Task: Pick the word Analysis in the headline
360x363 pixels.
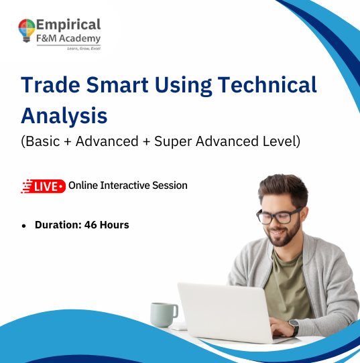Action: pos(64,115)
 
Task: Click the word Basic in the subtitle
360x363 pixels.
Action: pos(42,141)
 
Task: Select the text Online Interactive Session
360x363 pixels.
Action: pos(128,185)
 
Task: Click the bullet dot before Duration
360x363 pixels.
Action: pos(23,226)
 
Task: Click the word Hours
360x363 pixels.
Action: pos(115,225)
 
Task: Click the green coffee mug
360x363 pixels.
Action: pos(163,313)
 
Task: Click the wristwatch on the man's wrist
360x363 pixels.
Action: pos(294,327)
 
